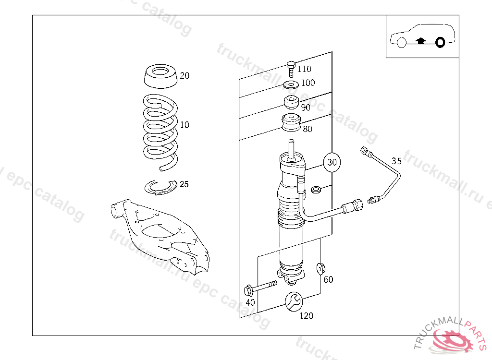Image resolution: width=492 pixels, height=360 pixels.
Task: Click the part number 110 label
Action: pyautogui.click(x=304, y=69)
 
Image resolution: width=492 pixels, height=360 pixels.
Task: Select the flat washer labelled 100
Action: pyautogui.click(x=291, y=85)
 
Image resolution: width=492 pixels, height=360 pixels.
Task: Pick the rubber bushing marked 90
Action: pyautogui.click(x=291, y=103)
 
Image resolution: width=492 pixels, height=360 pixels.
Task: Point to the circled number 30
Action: pyautogui.click(x=332, y=162)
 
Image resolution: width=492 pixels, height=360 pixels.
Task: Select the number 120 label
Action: pyautogui.click(x=306, y=316)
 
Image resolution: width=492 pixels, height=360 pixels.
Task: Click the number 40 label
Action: pyautogui.click(x=250, y=302)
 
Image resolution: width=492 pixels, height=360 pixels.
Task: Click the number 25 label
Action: pyautogui.click(x=184, y=184)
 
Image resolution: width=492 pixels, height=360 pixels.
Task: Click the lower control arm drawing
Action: pyautogui.click(x=159, y=235)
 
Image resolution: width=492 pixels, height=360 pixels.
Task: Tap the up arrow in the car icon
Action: pyautogui.click(x=421, y=41)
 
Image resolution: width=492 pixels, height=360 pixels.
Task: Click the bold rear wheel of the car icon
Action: pyautogui.click(x=440, y=43)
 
